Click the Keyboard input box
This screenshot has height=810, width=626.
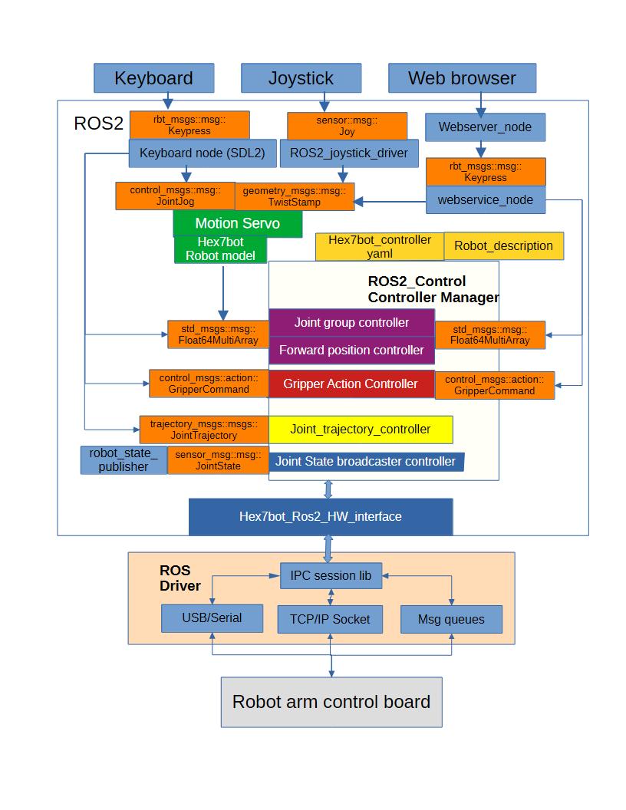pyautogui.click(x=153, y=78)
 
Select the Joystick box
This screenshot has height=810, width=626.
pyautogui.click(x=301, y=78)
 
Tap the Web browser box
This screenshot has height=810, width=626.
pyautogui.click(x=463, y=78)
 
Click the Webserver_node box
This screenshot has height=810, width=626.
pyautogui.click(x=485, y=127)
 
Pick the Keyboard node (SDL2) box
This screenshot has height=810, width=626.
pyautogui.click(x=203, y=153)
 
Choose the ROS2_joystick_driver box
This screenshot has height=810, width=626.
pyautogui.click(x=349, y=153)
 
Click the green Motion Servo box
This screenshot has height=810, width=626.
pyautogui.click(x=238, y=224)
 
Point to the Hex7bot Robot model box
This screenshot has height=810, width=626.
pyautogui.click(x=220, y=249)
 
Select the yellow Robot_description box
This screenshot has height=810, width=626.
pyautogui.click(x=503, y=246)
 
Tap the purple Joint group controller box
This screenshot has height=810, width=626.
pyautogui.click(x=351, y=323)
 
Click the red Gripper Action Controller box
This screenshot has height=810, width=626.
pyautogui.click(x=351, y=384)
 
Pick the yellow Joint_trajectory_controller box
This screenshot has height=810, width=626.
pyautogui.click(x=361, y=430)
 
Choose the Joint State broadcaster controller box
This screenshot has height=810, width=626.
pyautogui.click(x=366, y=461)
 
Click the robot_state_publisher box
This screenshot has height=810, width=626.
pyautogui.click(x=124, y=459)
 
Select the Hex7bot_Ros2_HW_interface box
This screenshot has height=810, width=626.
pyautogui.click(x=321, y=516)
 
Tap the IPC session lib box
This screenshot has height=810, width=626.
pyautogui.click(x=331, y=575)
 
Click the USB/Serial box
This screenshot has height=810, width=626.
pyautogui.click(x=212, y=618)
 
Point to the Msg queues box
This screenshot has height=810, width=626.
pyautogui.click(x=451, y=619)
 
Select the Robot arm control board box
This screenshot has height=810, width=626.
pyautogui.click(x=331, y=702)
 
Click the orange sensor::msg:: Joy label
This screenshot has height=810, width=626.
pyautogui.click(x=347, y=126)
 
